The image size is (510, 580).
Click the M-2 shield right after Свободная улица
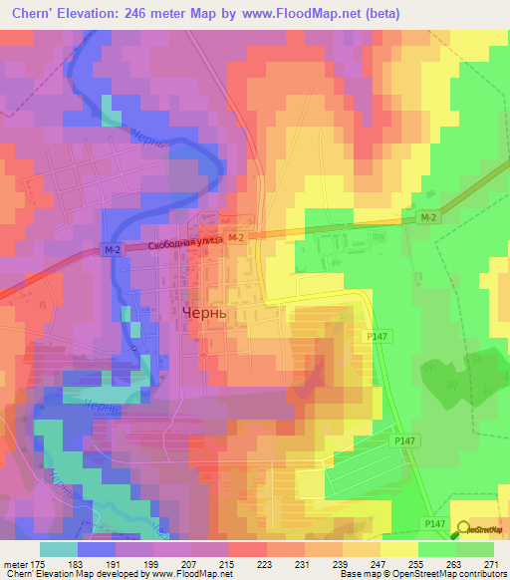tap(235, 238)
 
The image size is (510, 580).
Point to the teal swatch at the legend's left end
tap(59, 549)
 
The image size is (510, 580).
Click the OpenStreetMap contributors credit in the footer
tap(444, 574)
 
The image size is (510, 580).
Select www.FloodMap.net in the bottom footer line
tap(190, 574)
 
